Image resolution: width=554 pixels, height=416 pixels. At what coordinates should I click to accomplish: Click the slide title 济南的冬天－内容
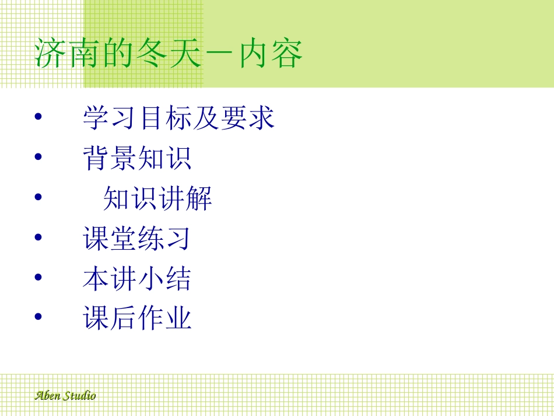(169, 54)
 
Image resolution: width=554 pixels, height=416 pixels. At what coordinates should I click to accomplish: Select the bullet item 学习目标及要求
(178, 118)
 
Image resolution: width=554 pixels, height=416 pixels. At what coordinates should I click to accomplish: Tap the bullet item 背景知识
(138, 158)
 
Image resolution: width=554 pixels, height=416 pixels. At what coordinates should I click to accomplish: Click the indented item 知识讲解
(157, 198)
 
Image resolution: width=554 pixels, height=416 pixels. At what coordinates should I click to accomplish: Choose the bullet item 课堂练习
(138, 239)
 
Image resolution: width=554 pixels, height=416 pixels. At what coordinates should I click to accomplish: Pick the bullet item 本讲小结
(138, 279)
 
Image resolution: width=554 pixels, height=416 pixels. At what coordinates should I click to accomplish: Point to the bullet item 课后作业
(138, 319)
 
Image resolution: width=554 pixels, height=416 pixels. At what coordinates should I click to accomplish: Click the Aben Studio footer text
(65, 396)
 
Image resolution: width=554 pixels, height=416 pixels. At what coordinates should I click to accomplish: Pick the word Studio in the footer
(79, 396)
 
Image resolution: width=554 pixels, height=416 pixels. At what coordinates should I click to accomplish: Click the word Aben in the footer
(47, 396)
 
